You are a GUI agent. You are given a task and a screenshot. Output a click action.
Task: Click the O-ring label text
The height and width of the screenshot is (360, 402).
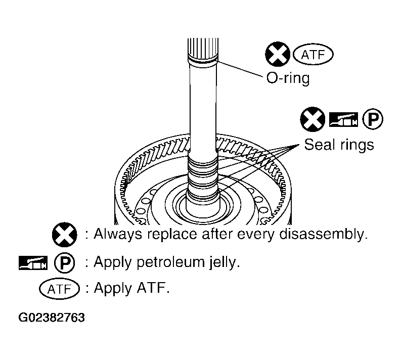pyautogui.click(x=288, y=78)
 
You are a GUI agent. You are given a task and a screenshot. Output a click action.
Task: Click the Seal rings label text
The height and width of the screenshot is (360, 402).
pyautogui.click(x=339, y=145)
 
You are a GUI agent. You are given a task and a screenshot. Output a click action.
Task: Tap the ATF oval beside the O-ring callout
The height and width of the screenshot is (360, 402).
pyautogui.click(x=313, y=55)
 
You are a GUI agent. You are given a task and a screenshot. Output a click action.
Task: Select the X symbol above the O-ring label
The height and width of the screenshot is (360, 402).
pyautogui.click(x=278, y=54)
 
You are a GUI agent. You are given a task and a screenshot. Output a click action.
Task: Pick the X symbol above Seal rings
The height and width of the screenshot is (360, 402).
pyautogui.click(x=312, y=119)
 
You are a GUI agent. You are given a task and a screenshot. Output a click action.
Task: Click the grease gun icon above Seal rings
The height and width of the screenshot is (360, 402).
pyautogui.click(x=343, y=119)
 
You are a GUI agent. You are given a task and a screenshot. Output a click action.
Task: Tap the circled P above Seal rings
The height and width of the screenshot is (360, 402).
pyautogui.click(x=373, y=119)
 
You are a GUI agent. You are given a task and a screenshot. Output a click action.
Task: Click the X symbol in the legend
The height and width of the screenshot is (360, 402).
pyautogui.click(x=65, y=235)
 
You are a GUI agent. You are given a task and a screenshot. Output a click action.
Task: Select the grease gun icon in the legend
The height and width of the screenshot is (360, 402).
pyautogui.click(x=33, y=262)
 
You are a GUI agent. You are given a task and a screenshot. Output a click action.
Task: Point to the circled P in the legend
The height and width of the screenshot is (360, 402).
pyautogui.click(x=65, y=262)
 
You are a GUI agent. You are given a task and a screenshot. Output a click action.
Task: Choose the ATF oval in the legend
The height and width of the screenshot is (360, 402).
pyautogui.click(x=60, y=289)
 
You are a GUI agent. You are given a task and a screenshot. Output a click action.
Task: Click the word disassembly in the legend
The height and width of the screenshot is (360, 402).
pyautogui.click(x=323, y=234)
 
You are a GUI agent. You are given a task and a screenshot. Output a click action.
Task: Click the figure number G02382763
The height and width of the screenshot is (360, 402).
pyautogui.click(x=52, y=318)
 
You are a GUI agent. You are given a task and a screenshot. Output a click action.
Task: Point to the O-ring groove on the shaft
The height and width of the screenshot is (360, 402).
pyautogui.click(x=203, y=62)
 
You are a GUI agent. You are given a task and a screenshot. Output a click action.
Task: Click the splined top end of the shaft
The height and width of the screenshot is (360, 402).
pyautogui.click(x=203, y=48)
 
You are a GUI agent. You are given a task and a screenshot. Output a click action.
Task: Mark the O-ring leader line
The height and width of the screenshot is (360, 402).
pyautogui.click(x=240, y=69)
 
